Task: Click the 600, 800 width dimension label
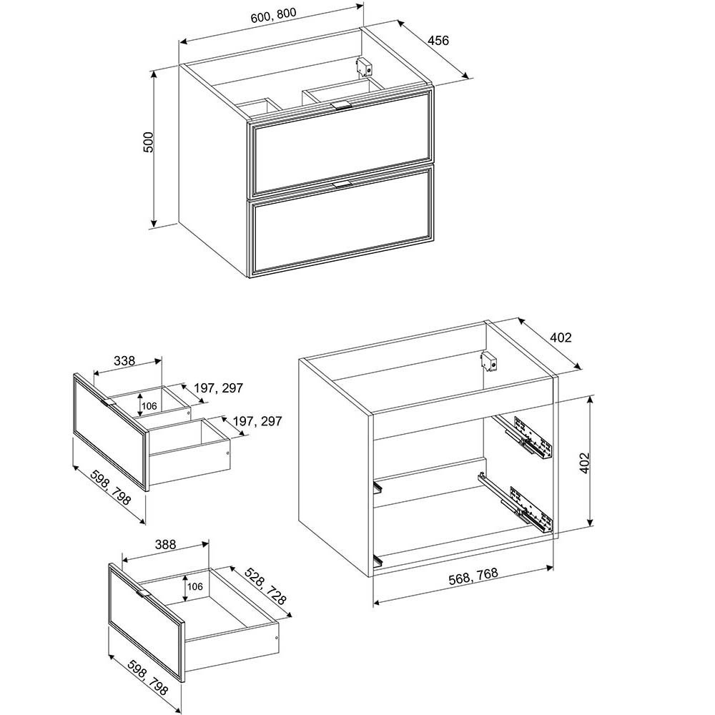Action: coord(273,15)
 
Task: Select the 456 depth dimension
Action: coord(438,41)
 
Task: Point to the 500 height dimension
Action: coord(149,142)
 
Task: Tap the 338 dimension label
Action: coord(124,360)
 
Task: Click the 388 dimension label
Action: coord(165,544)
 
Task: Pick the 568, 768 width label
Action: coord(473,576)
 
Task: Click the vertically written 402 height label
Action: coord(584,463)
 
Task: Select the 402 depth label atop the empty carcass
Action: coord(561,337)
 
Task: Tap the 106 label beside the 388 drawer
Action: coord(194,586)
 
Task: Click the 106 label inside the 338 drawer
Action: coord(149,406)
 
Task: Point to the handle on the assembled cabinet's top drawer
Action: coord(341,105)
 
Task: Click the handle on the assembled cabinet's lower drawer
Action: coord(342,184)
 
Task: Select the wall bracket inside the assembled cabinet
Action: coord(365,66)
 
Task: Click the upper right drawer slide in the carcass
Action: coord(525,437)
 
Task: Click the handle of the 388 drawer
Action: coord(143,593)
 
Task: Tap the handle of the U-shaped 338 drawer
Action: coord(109,403)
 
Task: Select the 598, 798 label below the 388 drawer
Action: coord(148,677)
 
